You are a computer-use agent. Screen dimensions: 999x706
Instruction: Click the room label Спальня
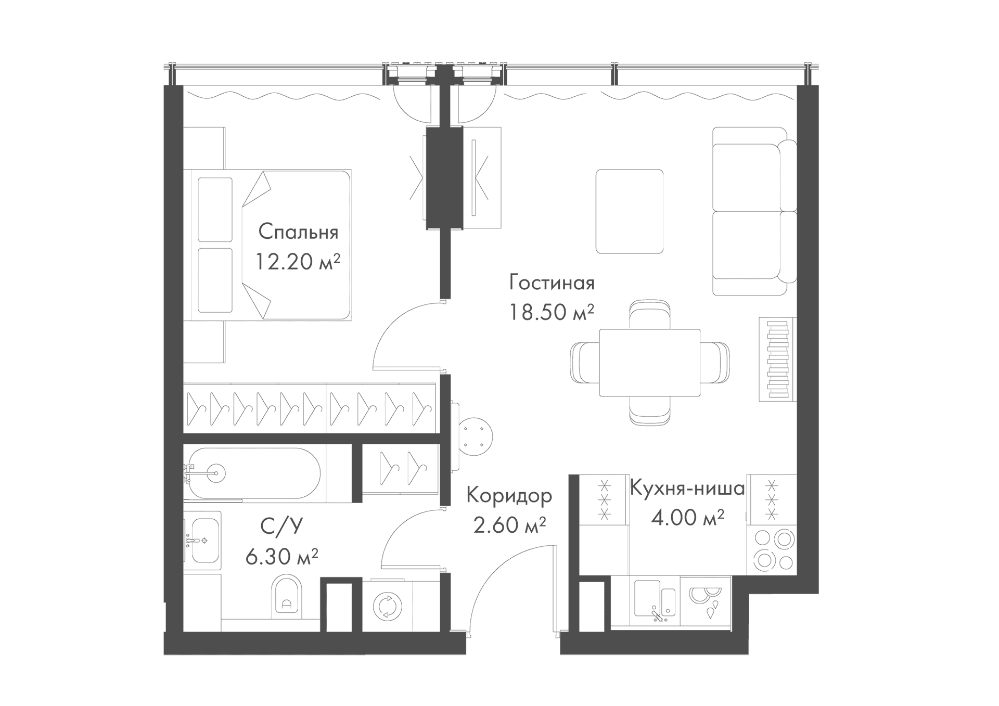[x=298, y=232]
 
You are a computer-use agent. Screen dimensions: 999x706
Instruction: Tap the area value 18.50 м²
[x=552, y=313]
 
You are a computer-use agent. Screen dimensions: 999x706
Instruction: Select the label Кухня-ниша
[x=687, y=489]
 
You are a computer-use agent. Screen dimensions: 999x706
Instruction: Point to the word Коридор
[x=509, y=496]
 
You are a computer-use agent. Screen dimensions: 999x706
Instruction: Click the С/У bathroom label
[x=281, y=528]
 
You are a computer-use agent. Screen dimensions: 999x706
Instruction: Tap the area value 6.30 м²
[x=281, y=557]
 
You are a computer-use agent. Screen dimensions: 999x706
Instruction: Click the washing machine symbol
[x=387, y=607]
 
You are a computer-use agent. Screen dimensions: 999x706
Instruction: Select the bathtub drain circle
[x=216, y=472]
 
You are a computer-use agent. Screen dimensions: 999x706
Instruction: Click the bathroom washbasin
[x=203, y=541]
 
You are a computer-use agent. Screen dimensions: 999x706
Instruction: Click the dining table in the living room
[x=649, y=363]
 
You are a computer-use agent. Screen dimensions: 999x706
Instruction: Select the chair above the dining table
[x=649, y=314]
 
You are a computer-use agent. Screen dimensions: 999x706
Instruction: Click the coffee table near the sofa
[x=630, y=211]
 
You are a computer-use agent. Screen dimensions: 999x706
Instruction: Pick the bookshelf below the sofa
[x=777, y=359]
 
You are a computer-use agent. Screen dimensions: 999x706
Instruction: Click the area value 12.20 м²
[x=298, y=261]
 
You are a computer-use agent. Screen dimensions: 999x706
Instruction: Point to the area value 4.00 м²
[x=688, y=518]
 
